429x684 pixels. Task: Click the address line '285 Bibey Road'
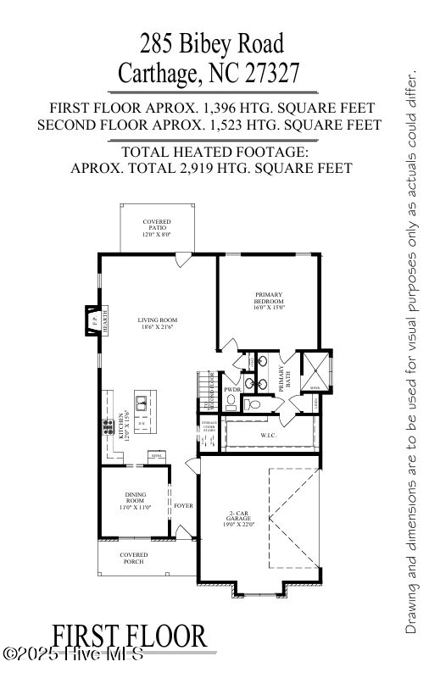(x=214, y=42)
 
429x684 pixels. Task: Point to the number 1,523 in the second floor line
(x=252, y=125)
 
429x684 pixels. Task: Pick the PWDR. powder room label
(x=232, y=390)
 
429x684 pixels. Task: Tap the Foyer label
(x=183, y=506)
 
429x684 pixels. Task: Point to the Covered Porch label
(x=133, y=559)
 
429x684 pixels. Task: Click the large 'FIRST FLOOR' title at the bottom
(x=129, y=636)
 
